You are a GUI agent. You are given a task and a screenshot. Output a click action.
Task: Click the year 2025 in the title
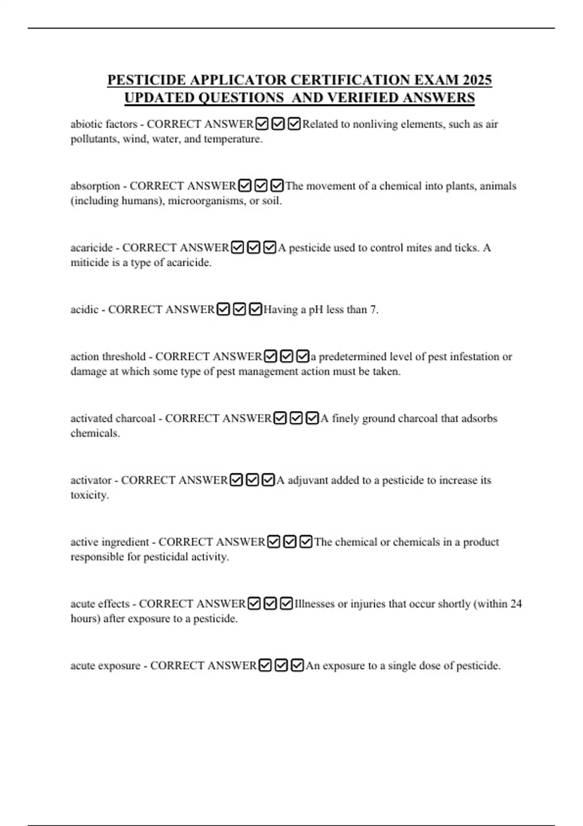[477, 80]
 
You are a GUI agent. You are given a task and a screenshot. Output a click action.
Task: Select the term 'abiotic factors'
[103, 124]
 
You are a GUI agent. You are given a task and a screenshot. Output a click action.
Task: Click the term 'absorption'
[95, 186]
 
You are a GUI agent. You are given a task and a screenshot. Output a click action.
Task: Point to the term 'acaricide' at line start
[91, 248]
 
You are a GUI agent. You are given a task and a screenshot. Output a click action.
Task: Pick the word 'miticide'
[89, 263]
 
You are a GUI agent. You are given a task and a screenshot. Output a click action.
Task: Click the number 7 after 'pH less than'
[373, 310]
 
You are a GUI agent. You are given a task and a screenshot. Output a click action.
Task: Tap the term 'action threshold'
[108, 357]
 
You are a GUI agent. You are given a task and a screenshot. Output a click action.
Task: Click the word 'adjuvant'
[309, 480]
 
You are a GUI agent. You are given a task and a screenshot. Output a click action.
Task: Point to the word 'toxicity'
[89, 495]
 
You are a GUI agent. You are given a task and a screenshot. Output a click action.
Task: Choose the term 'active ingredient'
[110, 542]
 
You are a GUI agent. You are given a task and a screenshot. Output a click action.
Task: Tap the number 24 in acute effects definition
[515, 604]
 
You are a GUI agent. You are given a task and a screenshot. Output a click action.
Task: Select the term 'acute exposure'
[105, 666]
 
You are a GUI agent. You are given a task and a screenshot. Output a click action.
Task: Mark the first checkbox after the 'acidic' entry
[223, 310]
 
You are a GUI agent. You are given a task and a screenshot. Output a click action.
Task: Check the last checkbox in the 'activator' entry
[268, 480]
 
